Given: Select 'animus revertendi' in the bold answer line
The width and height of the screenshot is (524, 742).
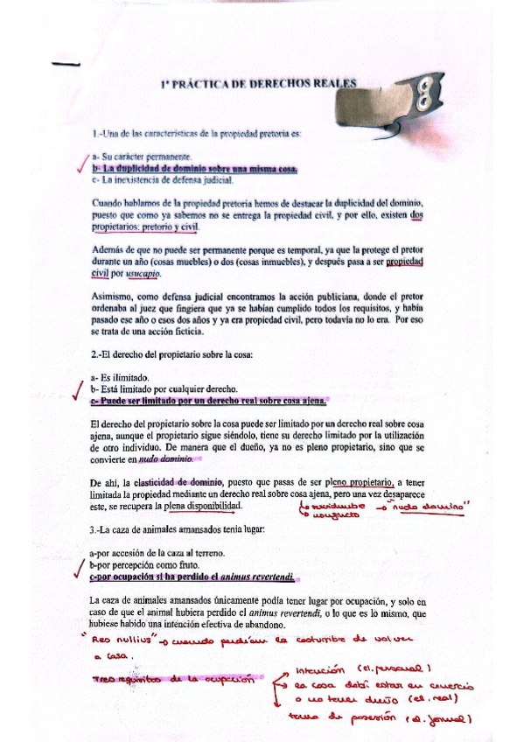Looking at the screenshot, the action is click(x=259, y=577).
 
